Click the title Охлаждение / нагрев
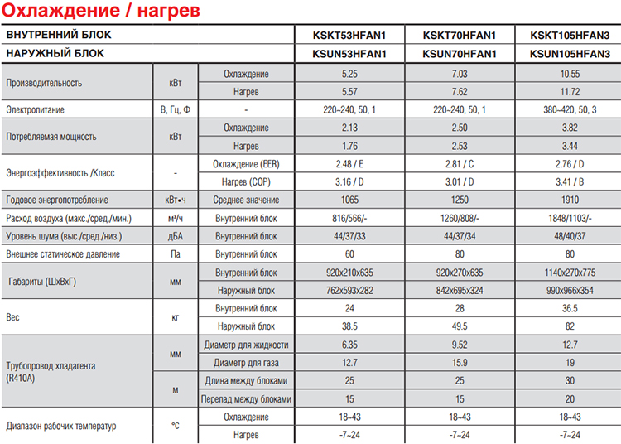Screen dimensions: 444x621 pos(102,13)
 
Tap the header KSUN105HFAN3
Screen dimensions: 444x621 pos(569,54)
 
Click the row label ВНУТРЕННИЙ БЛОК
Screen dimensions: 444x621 pos(58,36)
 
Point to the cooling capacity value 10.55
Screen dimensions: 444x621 pos(569,74)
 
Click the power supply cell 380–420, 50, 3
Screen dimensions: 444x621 pos(569,109)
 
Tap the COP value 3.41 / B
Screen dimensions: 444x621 pos(569,181)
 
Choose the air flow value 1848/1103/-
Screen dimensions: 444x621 pos(569,218)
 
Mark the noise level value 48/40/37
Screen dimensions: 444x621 pos(569,236)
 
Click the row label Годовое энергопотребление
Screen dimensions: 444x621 pos(56,200)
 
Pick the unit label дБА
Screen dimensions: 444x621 pos(174,236)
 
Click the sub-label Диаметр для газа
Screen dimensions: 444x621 pos(246,362)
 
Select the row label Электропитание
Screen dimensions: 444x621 pos(35,109)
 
